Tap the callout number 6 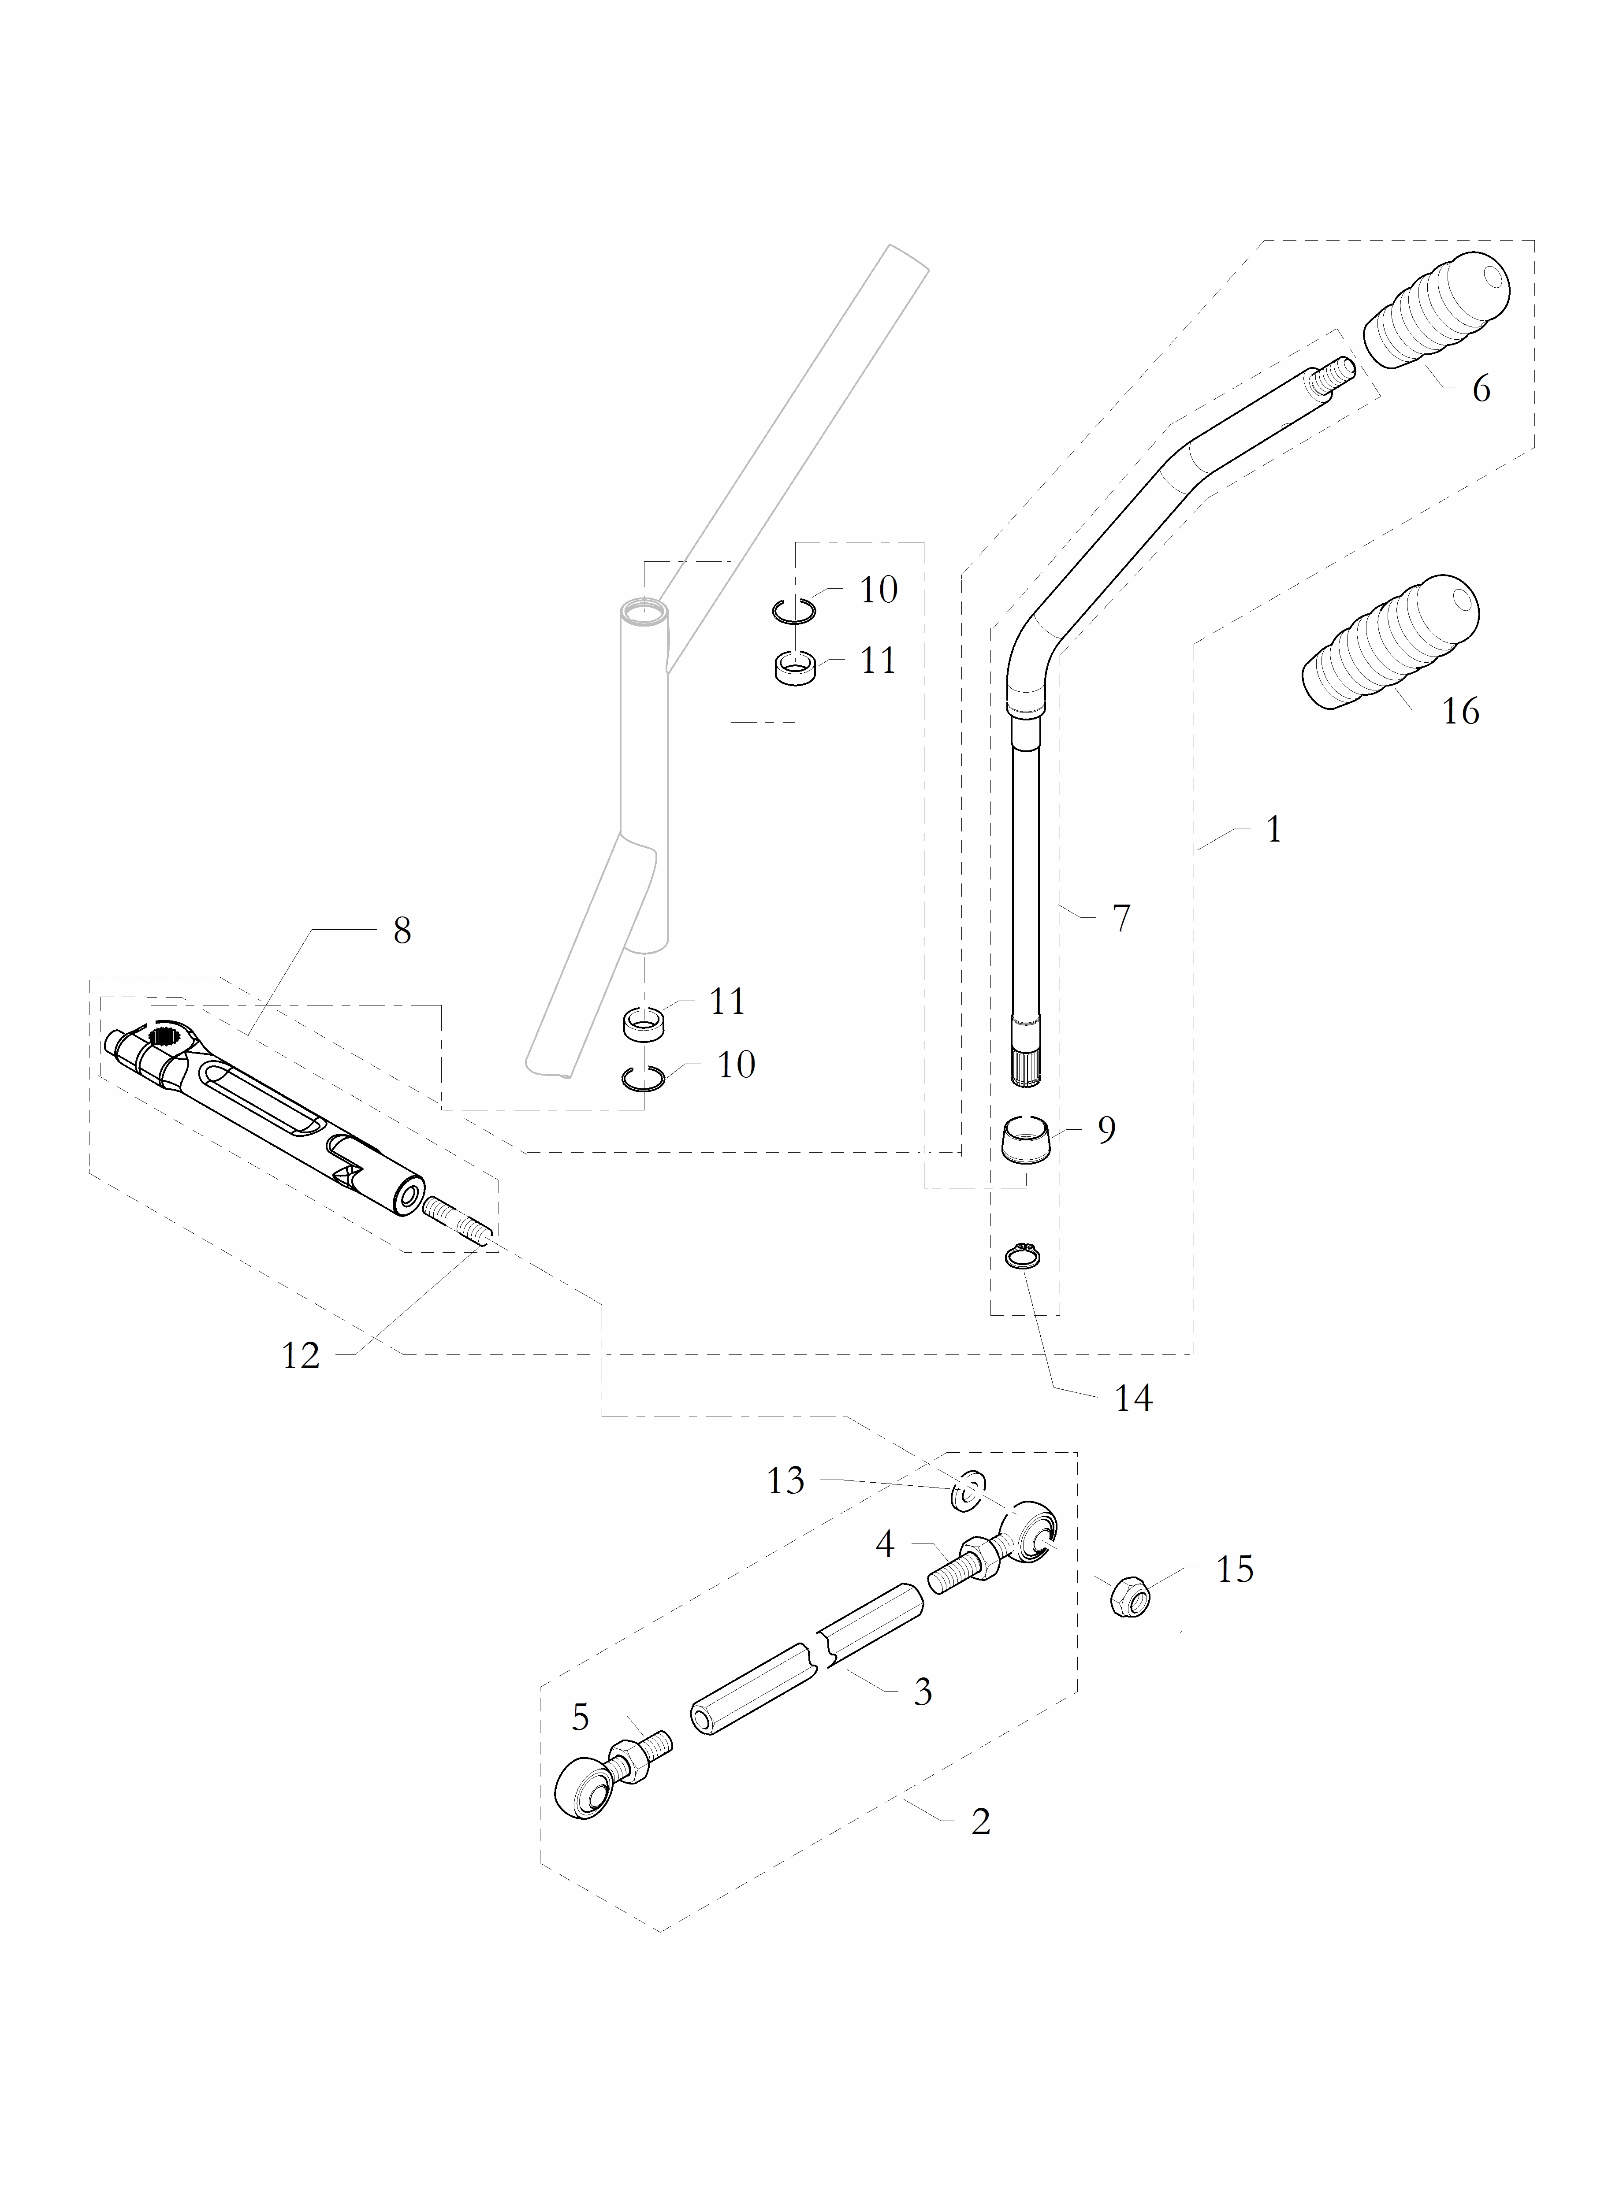click(1481, 389)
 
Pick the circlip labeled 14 click(1022, 1257)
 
